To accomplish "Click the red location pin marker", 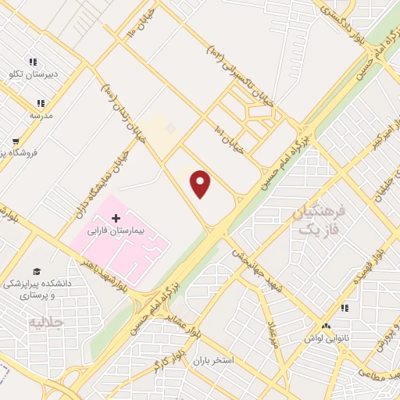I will (201, 184).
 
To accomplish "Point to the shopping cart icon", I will (15, 141).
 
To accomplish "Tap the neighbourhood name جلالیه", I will (45, 321).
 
